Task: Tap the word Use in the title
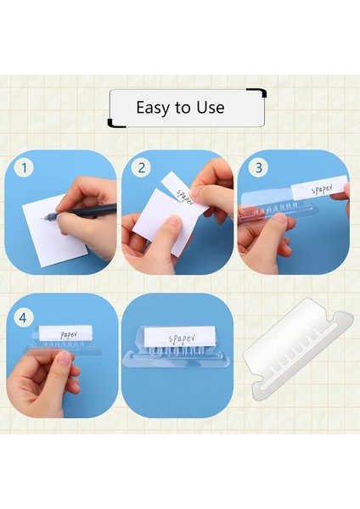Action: coord(211,108)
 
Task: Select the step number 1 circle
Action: coord(24,168)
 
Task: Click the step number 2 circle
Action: coord(141,168)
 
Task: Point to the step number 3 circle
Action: coord(259,168)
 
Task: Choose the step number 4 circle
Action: coord(23,318)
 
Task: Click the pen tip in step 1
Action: coord(42,219)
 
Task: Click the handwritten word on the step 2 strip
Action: coord(185,198)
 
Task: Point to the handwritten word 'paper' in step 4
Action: coord(69,335)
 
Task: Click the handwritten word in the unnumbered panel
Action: coord(182,338)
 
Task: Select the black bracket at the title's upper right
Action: coord(257,92)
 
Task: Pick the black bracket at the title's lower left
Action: coord(115,124)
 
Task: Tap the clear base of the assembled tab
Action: coord(177,360)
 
